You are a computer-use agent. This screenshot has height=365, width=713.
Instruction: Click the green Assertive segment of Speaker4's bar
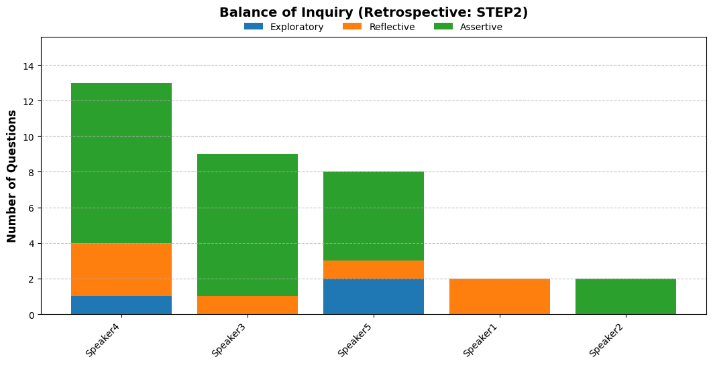tap(121, 163)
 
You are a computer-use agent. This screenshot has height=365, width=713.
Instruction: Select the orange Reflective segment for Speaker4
tap(121, 270)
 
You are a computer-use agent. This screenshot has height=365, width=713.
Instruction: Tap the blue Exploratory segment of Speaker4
tap(121, 305)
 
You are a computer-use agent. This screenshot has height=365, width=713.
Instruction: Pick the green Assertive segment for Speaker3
tap(248, 225)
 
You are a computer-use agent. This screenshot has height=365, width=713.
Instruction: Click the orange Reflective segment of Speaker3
tap(248, 305)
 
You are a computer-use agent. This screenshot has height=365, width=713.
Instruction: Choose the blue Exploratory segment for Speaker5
tap(374, 297)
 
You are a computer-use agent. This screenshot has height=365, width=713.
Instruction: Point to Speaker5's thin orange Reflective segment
tap(374, 270)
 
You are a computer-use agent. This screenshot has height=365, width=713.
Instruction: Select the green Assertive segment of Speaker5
tap(374, 216)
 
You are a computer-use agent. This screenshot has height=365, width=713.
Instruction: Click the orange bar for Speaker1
tap(499, 297)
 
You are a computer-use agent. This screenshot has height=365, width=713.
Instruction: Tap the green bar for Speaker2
tap(626, 297)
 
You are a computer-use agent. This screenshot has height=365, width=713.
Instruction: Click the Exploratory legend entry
tap(284, 27)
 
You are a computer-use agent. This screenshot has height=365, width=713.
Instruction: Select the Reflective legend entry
tap(379, 27)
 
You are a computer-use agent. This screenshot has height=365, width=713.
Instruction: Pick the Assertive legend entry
tap(468, 27)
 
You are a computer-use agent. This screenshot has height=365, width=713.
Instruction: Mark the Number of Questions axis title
tap(12, 176)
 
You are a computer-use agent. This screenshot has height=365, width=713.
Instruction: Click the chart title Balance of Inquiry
tap(374, 12)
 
